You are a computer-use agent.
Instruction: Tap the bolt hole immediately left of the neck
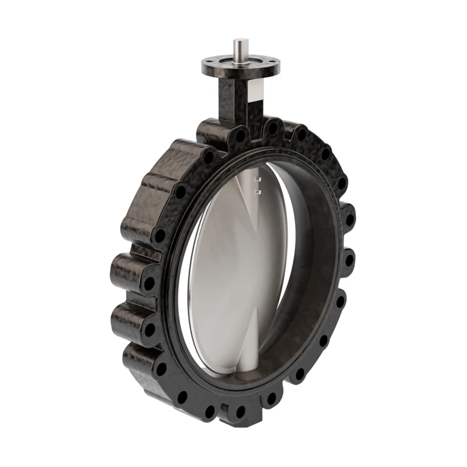[241, 136]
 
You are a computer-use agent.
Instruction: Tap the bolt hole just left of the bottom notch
[210, 410]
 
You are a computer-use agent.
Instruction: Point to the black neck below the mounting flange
[231, 99]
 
